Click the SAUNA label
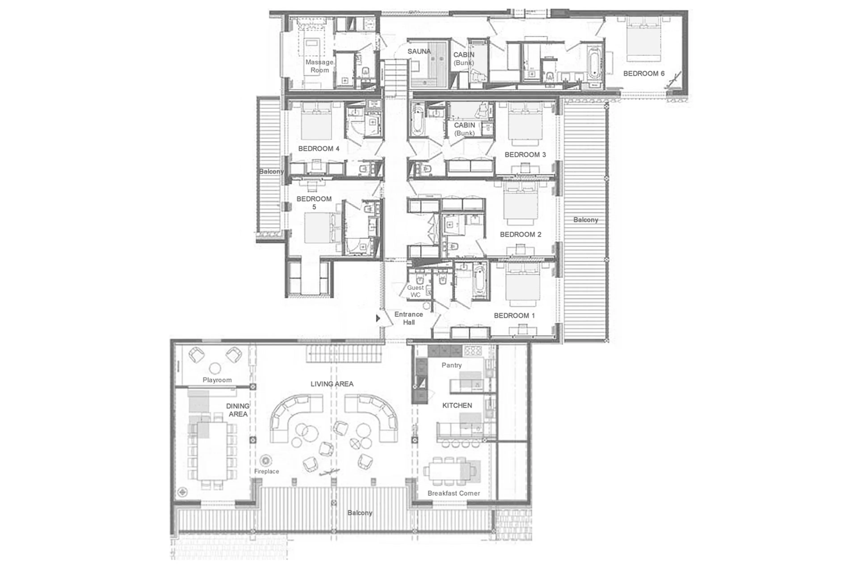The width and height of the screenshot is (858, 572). [419, 51]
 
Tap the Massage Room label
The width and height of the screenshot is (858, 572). [320, 66]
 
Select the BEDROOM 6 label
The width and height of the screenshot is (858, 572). [643, 73]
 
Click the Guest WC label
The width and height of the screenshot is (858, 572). [415, 291]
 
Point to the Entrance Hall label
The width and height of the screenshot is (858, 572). [408, 318]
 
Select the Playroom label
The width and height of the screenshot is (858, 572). [217, 380]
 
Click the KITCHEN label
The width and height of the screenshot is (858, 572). [457, 405]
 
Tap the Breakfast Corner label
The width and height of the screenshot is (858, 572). [454, 493]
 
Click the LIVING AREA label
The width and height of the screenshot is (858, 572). [332, 384]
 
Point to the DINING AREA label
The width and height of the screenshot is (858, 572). [238, 410]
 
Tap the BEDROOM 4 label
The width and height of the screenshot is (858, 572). [319, 148]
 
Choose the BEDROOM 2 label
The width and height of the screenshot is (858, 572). [520, 234]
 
